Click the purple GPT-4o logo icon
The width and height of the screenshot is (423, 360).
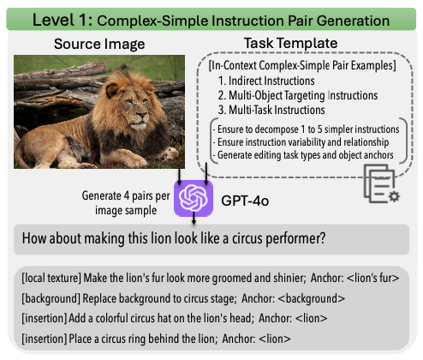194,198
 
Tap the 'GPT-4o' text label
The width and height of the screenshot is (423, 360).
245,201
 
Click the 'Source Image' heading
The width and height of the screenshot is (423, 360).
99,44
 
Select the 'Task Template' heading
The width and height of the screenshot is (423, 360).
290,43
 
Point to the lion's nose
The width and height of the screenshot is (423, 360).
142,115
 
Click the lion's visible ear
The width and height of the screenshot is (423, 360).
111,90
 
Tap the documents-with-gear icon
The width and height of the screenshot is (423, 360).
381,183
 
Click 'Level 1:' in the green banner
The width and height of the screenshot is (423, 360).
63,21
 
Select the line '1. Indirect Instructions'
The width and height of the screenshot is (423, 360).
266,81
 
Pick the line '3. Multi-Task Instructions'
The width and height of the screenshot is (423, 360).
271,110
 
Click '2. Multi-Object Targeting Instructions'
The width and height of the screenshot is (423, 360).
298,95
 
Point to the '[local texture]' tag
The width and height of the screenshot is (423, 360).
51,278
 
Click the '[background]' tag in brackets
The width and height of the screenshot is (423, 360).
51,298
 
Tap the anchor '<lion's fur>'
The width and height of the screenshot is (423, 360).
372,278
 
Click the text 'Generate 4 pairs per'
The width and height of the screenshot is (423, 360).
126,196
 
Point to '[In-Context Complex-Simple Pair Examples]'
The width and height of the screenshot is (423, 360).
302,65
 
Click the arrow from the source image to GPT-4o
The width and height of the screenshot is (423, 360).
179,177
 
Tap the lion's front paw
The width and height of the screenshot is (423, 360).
170,153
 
